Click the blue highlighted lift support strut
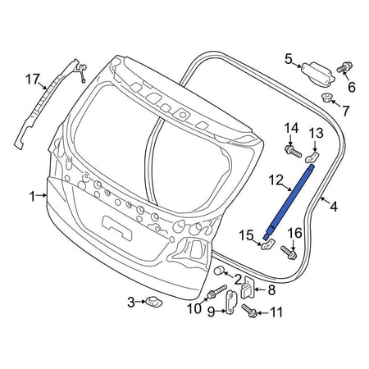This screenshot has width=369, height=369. pyautogui.click(x=288, y=202)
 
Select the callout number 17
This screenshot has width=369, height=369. pyautogui.click(x=33, y=80)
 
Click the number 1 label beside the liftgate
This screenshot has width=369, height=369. pyautogui.click(x=33, y=197)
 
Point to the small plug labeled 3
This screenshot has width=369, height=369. pyautogui.click(x=154, y=302)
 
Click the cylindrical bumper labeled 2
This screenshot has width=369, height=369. pyautogui.click(x=219, y=271)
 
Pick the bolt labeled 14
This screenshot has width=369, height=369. pyautogui.click(x=293, y=151)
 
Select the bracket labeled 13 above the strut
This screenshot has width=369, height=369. pyautogui.click(x=312, y=157)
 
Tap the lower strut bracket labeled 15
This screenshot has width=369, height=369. pyautogui.click(x=268, y=244)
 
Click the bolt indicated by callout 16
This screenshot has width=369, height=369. pyautogui.click(x=289, y=253)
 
